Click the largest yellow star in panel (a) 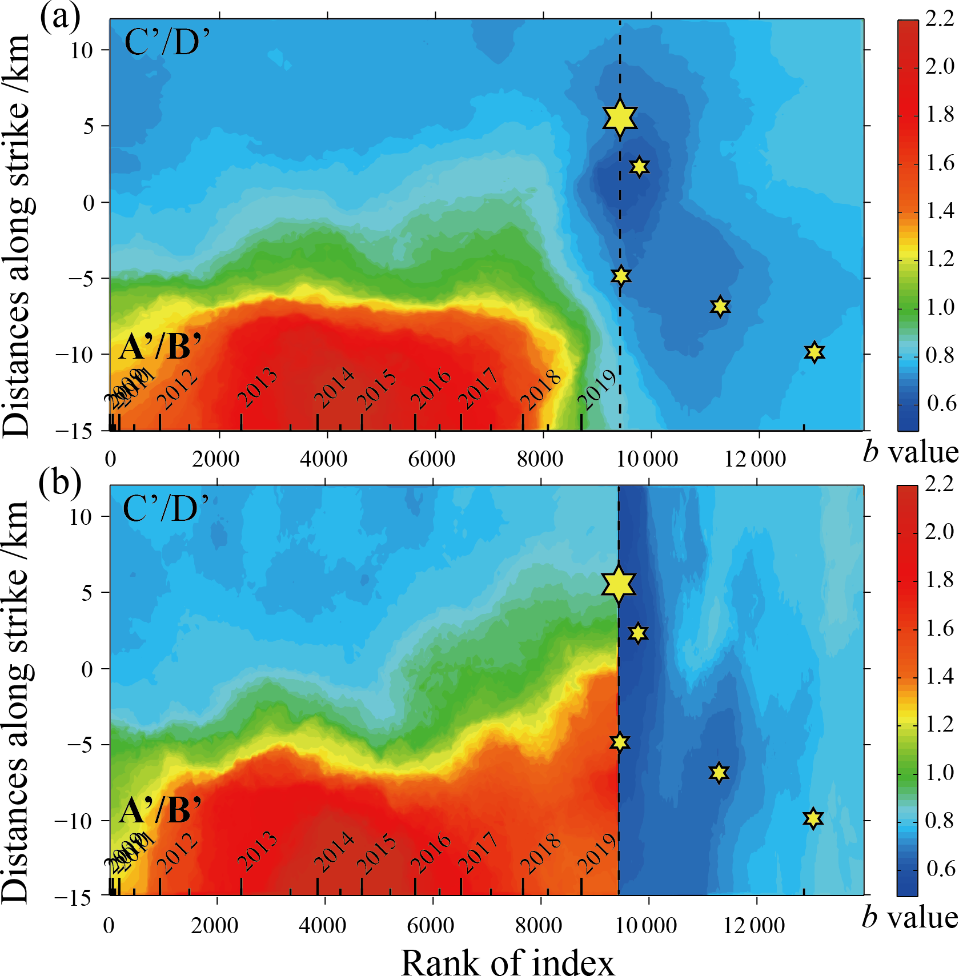coord(620,118)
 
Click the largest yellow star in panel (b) coord(619,584)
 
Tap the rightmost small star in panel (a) coord(814,352)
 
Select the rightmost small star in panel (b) coord(813,818)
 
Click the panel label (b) coord(60,483)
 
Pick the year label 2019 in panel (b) coord(597,854)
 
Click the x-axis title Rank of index coord(508,946)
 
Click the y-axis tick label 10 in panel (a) coord(82,50)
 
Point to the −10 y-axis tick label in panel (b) coord(73,821)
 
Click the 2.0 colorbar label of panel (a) coord(939,67)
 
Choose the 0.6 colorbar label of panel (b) coord(939,868)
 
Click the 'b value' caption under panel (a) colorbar coord(910,452)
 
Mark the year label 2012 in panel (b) coord(178,854)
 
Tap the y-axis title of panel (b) coord(16,702)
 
